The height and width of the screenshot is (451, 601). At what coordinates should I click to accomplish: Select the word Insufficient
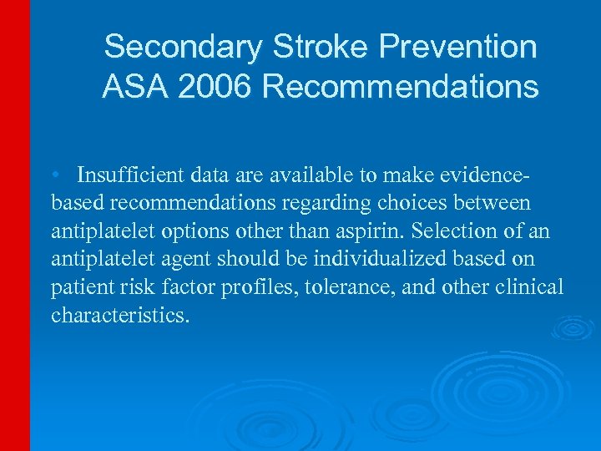pyautogui.click(x=130, y=175)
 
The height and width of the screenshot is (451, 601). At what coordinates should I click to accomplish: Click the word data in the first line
pyautogui.click(x=210, y=175)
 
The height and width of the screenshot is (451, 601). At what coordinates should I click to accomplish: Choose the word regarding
pyautogui.click(x=323, y=203)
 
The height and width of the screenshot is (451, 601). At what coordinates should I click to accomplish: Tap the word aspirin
pyautogui.click(x=388, y=231)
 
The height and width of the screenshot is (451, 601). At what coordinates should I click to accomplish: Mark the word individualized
pyautogui.click(x=373, y=259)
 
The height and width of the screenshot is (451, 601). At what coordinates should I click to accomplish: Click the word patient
pyautogui.click(x=79, y=287)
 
